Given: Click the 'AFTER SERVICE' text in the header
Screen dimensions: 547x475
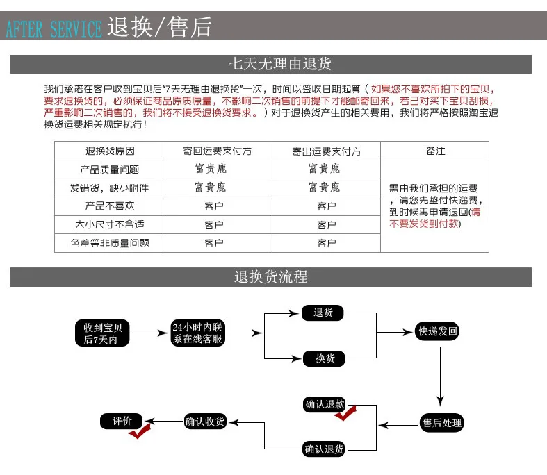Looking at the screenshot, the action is (54, 29).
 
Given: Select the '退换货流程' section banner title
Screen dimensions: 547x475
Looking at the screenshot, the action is (270, 277).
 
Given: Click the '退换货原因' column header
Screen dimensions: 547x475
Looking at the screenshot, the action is (109, 151).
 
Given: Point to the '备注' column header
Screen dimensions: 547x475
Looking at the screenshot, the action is (435, 151).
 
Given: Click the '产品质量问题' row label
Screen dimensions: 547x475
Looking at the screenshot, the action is (109, 169).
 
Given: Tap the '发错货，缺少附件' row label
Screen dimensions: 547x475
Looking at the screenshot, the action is (109, 188).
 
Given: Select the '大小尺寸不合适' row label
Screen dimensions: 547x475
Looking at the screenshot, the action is (109, 225).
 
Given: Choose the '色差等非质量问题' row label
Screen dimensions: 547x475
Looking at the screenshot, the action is (109, 244).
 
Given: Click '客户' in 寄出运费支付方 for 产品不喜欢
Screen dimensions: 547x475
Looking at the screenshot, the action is (327, 206).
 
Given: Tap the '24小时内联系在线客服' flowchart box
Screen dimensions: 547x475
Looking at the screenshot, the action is (197, 333).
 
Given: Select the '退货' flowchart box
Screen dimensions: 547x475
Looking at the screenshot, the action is (324, 313).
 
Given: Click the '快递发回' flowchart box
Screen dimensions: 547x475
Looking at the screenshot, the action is (437, 332).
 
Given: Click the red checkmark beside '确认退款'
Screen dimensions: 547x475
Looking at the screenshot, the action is (345, 413).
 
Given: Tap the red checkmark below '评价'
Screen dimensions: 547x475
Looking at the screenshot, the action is (139, 432).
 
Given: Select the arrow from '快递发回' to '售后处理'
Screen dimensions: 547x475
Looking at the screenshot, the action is (441, 375).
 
